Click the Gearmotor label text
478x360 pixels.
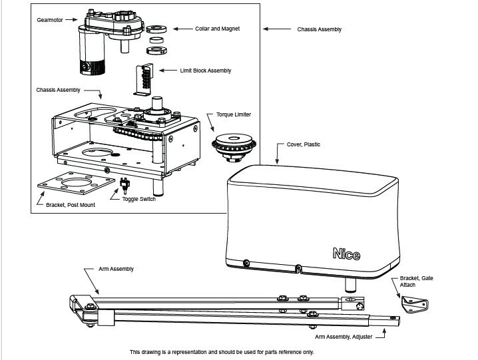(x=50, y=20)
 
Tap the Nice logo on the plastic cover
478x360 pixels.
(x=346, y=254)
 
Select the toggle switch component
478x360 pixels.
(x=124, y=186)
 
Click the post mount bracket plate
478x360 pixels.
(x=76, y=182)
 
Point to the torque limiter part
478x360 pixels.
(x=234, y=147)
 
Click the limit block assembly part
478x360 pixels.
(x=144, y=80)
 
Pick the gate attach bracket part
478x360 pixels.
(x=415, y=305)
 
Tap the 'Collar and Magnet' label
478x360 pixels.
(x=217, y=29)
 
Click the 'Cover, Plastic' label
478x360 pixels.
(x=304, y=144)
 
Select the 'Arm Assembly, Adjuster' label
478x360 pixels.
(x=344, y=337)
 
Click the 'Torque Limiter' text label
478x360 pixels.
(x=234, y=114)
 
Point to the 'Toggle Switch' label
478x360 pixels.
(x=139, y=199)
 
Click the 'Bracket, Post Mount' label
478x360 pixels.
(x=71, y=205)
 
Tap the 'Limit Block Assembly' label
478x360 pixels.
(x=206, y=71)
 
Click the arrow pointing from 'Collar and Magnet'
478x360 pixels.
(x=183, y=29)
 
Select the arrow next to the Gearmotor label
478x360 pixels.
(x=71, y=19)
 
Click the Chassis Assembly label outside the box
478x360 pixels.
(x=319, y=29)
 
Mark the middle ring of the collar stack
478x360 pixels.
(x=156, y=40)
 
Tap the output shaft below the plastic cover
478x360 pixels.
(x=350, y=285)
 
